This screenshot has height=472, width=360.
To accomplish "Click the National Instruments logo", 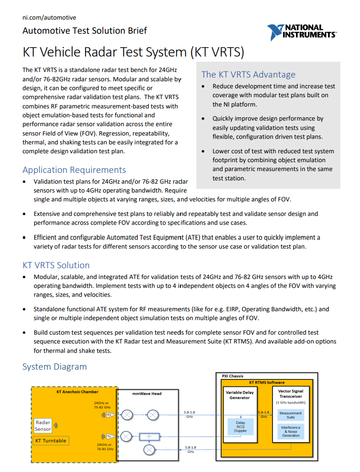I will [x=301, y=32].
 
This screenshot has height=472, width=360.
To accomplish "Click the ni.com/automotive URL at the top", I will [x=49, y=17].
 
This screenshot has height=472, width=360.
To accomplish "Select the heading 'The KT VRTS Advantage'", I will [x=248, y=74].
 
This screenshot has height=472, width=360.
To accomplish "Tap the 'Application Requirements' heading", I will [x=74, y=170].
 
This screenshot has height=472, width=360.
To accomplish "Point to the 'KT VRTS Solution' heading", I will [x=56, y=265].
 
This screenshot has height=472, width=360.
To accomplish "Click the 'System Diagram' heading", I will [x=55, y=366].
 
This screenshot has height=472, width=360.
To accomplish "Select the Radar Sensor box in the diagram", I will [x=43, y=425].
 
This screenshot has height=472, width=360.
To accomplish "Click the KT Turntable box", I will [x=51, y=440].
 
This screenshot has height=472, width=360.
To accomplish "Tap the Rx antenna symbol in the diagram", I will [x=109, y=415].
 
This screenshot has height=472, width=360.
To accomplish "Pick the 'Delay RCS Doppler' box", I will [x=240, y=427].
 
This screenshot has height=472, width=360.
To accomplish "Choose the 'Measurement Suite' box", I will [x=290, y=415].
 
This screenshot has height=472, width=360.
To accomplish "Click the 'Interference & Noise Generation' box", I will [x=290, y=431].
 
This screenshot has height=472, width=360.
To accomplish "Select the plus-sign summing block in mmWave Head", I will [x=149, y=436].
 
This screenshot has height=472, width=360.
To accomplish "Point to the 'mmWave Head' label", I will [x=147, y=393].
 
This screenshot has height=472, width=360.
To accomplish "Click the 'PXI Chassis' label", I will [x=232, y=376].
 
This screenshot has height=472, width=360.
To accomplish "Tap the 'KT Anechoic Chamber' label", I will [x=78, y=392].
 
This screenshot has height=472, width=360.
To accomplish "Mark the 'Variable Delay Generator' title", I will [x=240, y=395].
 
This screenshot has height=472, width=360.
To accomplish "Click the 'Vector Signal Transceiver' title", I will [x=290, y=393].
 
